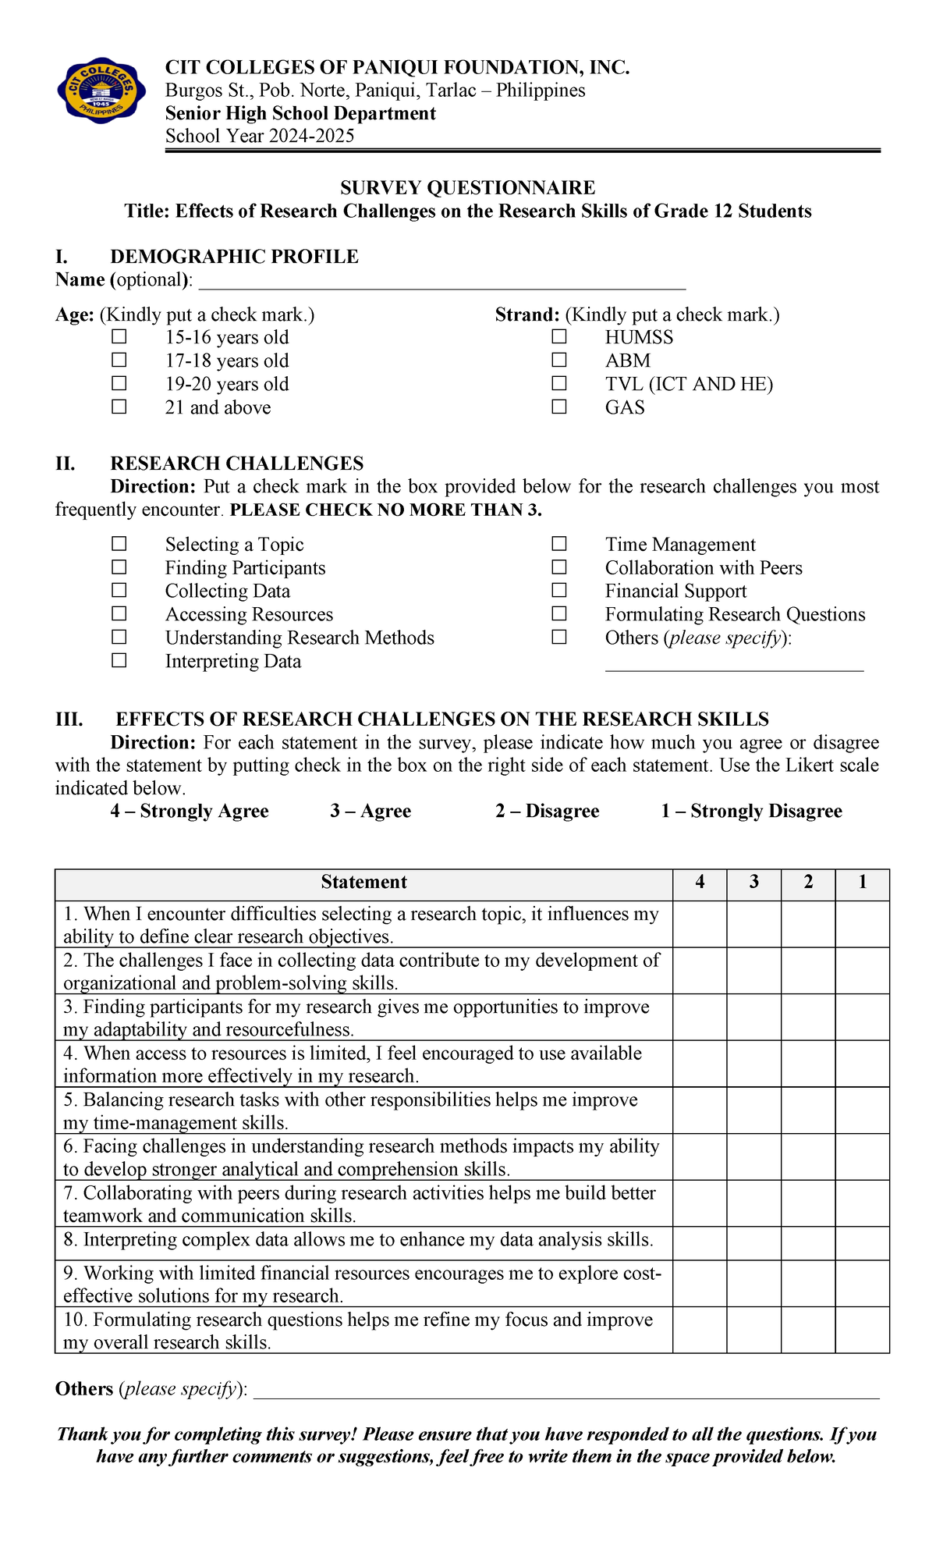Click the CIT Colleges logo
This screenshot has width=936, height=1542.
click(101, 90)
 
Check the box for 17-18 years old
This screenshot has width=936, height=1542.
click(119, 360)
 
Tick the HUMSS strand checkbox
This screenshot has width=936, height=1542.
click(559, 336)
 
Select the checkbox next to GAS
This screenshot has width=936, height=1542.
click(559, 407)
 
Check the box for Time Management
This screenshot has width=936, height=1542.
click(559, 543)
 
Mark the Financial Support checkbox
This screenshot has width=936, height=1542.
click(559, 590)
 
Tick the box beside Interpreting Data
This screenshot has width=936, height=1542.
click(119, 660)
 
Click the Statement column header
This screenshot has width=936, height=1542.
click(363, 882)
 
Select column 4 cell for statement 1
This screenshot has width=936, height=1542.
click(700, 925)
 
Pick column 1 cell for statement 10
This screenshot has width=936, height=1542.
click(862, 1331)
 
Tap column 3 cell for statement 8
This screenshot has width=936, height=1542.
click(753, 1243)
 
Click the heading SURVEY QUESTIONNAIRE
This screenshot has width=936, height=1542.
click(467, 187)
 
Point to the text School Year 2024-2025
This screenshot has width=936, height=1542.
click(260, 136)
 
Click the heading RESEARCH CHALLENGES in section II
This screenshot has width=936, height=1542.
click(237, 463)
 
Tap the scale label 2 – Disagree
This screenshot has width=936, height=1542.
click(547, 811)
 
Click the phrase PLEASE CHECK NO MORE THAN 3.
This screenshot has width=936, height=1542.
click(385, 510)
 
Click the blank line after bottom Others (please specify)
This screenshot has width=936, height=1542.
click(566, 1391)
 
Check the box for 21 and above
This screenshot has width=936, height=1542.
click(119, 407)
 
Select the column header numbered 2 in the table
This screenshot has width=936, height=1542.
click(808, 882)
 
